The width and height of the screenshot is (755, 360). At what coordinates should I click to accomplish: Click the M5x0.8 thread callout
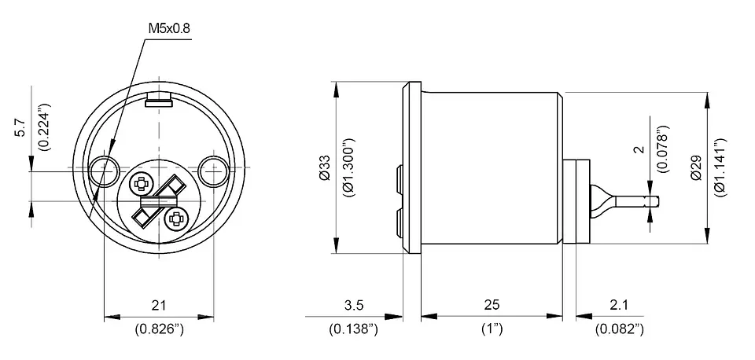coord(168,28)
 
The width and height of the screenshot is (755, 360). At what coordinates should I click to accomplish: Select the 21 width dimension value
coord(159,305)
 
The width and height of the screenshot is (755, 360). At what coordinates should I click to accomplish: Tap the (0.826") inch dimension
coord(160,329)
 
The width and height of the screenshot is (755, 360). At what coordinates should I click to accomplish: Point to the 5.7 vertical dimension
coord(21,127)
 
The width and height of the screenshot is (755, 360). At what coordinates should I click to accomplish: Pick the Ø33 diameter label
coord(325,167)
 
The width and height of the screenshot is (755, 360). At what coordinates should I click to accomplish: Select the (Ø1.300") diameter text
coord(349,167)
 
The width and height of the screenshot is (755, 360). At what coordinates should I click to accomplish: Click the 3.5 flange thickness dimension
coord(354,305)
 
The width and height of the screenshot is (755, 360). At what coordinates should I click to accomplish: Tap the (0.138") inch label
coord(353,329)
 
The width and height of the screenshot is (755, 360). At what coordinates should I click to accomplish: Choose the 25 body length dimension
coord(492,305)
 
